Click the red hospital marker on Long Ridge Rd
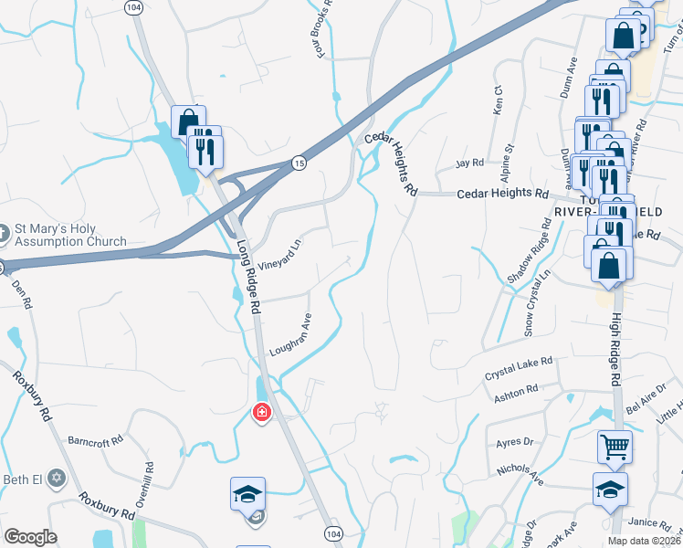pos(262,414)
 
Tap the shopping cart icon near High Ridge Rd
pos(615,448)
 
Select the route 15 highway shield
pos(299,163)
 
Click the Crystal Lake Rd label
pos(519,369)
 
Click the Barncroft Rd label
pos(95,441)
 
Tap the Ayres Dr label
pos(514,442)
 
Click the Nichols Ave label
pos(520,474)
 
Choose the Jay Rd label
pos(469,163)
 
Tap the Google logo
pos(30,537)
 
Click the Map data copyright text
pos(643,541)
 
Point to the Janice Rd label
pos(649,522)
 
